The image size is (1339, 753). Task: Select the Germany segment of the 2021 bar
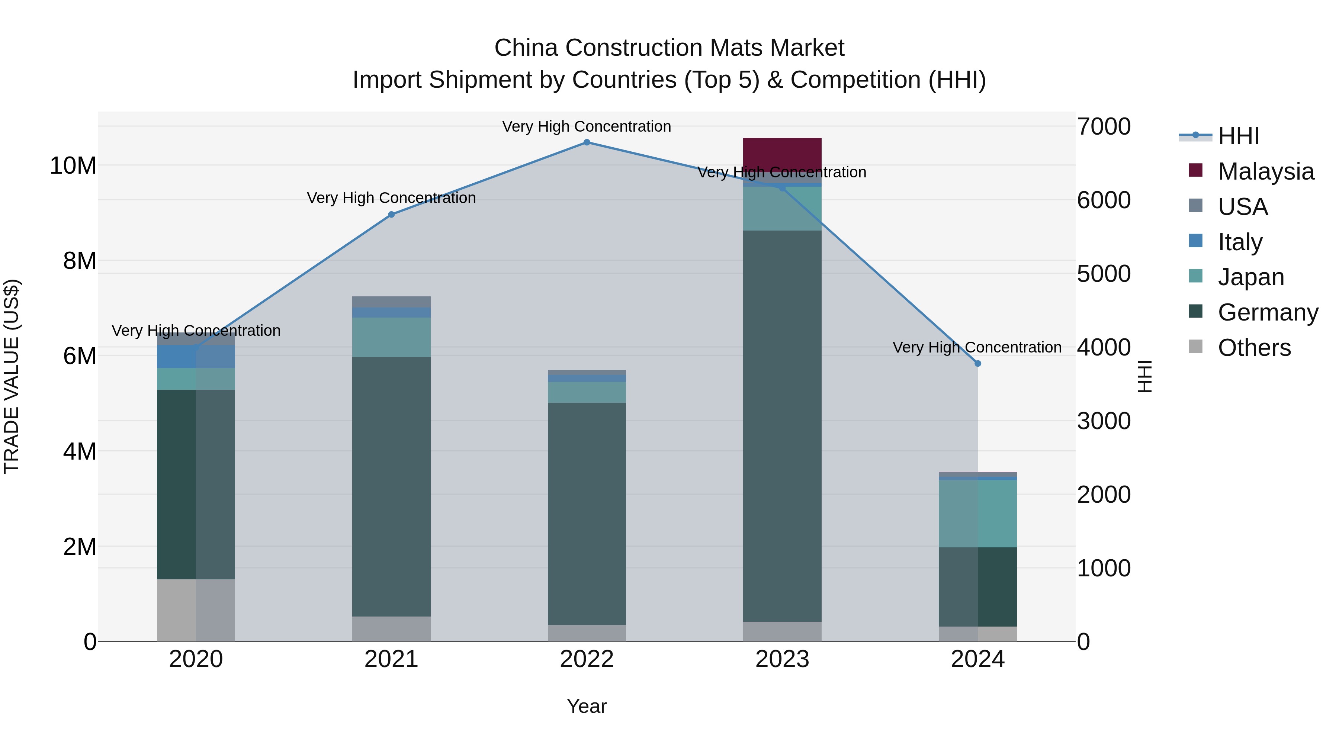pyautogui.click(x=391, y=486)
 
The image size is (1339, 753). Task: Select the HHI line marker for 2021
pyautogui.click(x=391, y=215)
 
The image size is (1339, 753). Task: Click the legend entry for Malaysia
pyautogui.click(x=1265, y=171)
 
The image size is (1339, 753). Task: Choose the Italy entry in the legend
pyautogui.click(x=1239, y=242)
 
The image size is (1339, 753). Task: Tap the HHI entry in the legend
pyautogui.click(x=1238, y=136)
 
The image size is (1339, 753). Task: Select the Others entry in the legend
pyautogui.click(x=1254, y=348)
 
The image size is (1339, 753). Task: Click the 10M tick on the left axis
pyautogui.click(x=73, y=166)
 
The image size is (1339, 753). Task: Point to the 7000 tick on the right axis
pyautogui.click(x=1103, y=127)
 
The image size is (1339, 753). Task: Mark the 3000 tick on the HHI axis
pyautogui.click(x=1103, y=421)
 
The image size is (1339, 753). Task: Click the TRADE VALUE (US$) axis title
pyautogui.click(x=12, y=376)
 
